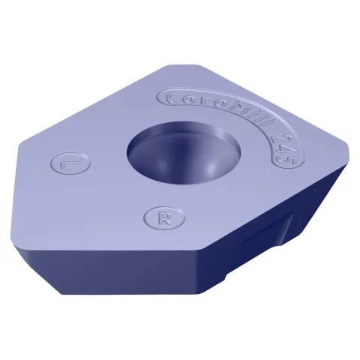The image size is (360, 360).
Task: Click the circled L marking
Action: (70, 164)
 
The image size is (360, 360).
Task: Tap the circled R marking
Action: (164, 217)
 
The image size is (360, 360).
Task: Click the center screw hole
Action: (184, 153)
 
